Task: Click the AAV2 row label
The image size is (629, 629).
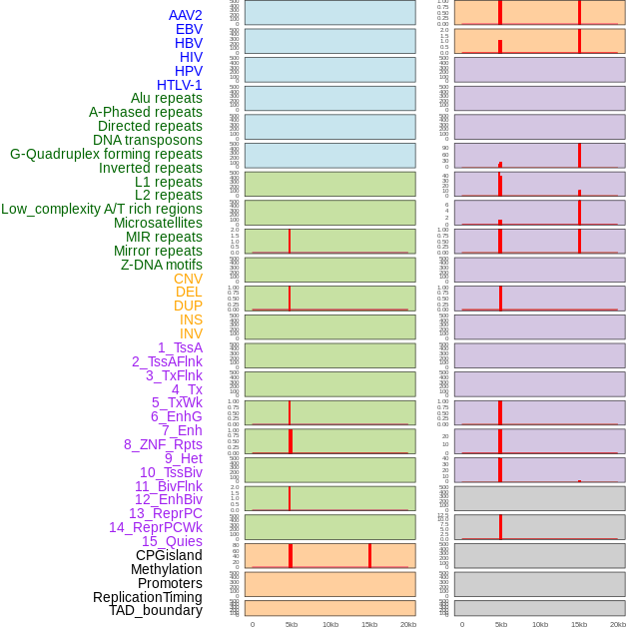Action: [185, 15]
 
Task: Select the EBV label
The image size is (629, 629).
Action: [189, 29]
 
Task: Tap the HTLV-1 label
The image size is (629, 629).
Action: [179, 85]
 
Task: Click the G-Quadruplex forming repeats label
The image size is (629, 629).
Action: [106, 154]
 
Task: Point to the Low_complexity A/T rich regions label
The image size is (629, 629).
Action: [102, 209]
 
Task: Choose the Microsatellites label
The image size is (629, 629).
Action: [158, 223]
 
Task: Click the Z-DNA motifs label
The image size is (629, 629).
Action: [162, 265]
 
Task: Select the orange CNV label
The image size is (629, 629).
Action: [188, 279]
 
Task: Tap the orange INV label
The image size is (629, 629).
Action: [191, 333]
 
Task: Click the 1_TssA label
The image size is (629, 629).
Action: [180, 347]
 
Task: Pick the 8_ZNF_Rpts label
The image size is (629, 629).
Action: [163, 444]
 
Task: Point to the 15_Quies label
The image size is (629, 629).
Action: [172, 541]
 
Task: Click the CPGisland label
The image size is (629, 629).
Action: [169, 555]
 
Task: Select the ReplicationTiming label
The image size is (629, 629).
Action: [148, 597]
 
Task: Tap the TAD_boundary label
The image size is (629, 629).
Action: [156, 610]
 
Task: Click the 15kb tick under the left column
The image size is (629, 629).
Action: [369, 624]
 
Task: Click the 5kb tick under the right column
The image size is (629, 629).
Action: [500, 624]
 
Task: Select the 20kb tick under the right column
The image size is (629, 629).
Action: [618, 624]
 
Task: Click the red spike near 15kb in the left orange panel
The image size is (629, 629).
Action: [369, 556]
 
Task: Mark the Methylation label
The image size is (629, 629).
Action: [166, 569]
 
